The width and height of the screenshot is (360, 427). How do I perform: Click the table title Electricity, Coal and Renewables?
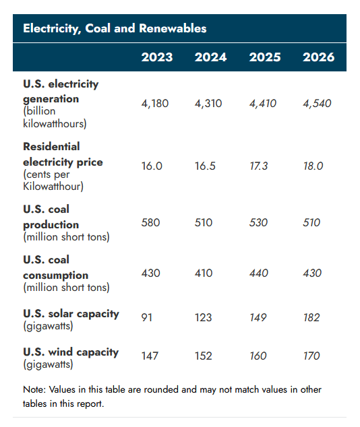click(115, 28)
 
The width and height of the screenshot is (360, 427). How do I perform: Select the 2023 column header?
click(156, 57)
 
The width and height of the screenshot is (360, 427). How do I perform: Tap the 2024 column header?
click(210, 57)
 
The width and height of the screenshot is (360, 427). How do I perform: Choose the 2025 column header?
click(265, 57)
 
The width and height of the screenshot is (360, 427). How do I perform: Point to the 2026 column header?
click(318, 57)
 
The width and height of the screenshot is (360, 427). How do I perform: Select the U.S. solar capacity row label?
click(71, 313)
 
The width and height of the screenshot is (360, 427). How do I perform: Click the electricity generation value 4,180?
click(155, 104)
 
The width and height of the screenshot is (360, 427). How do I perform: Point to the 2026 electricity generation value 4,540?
click(318, 104)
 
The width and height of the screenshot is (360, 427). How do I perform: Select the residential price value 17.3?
click(259, 166)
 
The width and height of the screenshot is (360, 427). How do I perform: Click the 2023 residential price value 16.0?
click(152, 166)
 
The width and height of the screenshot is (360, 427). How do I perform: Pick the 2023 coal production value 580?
click(150, 222)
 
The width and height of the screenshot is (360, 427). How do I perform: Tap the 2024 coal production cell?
click(203, 222)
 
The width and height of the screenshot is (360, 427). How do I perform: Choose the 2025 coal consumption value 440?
click(258, 273)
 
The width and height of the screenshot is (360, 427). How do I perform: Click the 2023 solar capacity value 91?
click(147, 317)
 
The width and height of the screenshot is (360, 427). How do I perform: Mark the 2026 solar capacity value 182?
click(311, 317)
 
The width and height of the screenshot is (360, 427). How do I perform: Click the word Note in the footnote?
click(34, 390)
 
